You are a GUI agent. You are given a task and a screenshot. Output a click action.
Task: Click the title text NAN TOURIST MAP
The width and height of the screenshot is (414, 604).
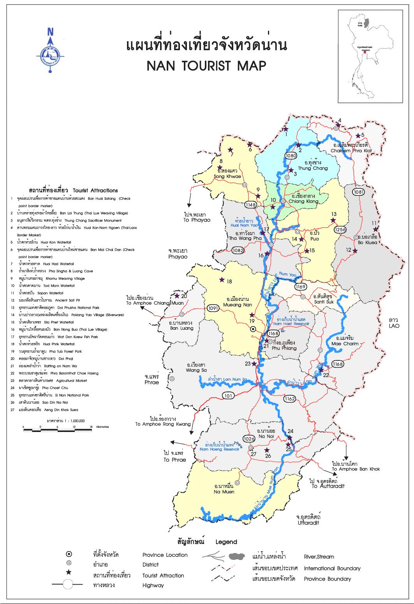pos(206,65)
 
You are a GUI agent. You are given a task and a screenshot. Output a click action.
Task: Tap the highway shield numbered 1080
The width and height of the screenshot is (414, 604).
pos(291,155)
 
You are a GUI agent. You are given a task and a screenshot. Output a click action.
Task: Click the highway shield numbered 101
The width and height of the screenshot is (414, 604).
pos(228,396)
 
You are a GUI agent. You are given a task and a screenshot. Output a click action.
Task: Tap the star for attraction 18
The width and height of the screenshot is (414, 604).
pos(222,279)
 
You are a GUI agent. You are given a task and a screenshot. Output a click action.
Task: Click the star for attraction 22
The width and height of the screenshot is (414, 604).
pos(321,370)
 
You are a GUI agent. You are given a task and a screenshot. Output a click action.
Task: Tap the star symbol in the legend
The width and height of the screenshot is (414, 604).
pos(69,572)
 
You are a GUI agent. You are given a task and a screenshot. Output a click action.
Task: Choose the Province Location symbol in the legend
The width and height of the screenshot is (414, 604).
pos(69,554)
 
